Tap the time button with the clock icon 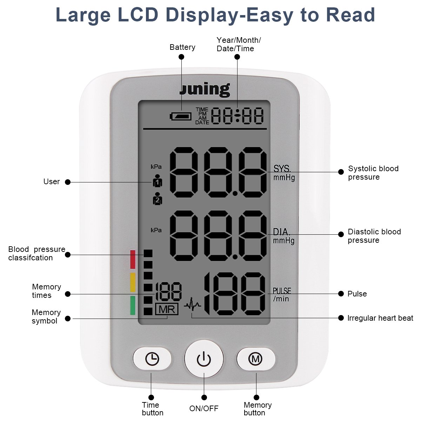(x=152, y=359)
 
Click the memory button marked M (x=255, y=359)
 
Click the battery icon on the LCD (x=181, y=116)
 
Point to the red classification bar (x=133, y=259)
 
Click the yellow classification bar (x=133, y=282)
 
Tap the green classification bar (x=133, y=305)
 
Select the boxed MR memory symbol (x=167, y=309)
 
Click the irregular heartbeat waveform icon (x=192, y=305)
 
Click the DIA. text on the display (x=281, y=232)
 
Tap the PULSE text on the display (x=282, y=291)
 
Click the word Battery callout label (x=182, y=47)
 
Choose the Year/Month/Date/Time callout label (x=239, y=45)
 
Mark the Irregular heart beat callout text (x=380, y=318)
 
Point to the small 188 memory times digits (x=168, y=291)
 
